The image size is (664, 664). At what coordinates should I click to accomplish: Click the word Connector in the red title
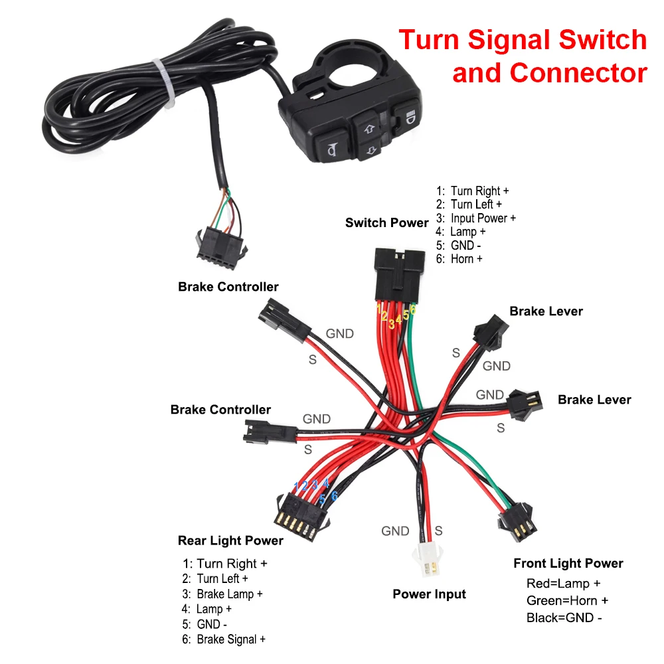[x=550, y=72]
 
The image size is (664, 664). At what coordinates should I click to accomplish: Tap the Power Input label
[x=429, y=594]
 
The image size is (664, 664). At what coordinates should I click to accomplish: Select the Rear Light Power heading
[x=230, y=540]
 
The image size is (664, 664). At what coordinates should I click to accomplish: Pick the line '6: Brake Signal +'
[x=224, y=639]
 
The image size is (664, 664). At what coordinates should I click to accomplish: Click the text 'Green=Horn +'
[x=567, y=601]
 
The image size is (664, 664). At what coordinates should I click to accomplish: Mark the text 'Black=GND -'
[x=564, y=618]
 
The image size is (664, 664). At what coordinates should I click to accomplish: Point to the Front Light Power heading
[x=568, y=564]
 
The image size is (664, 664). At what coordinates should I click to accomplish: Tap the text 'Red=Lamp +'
[x=563, y=584]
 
